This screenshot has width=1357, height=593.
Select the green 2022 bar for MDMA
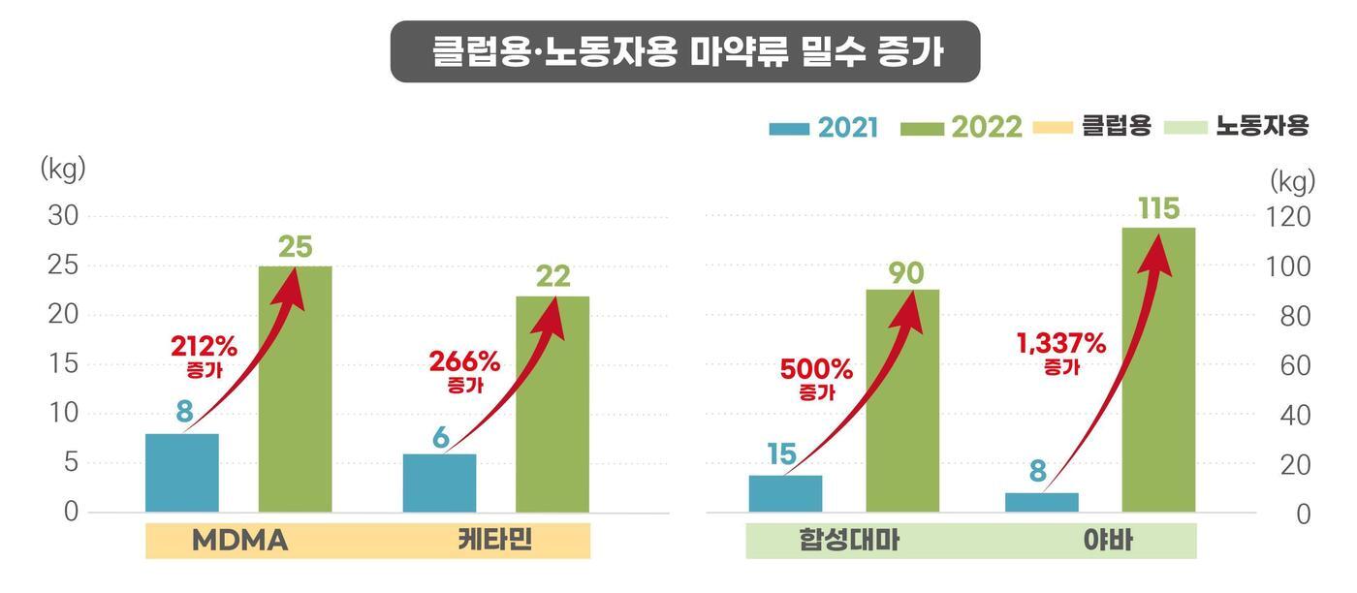pos(295,389)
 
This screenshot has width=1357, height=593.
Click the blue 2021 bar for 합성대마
pos(785,493)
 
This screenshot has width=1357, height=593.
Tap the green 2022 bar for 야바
pos(1158,369)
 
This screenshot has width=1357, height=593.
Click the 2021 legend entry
pos(824,128)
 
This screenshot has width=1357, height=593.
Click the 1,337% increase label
pos(1061,344)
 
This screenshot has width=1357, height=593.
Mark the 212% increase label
pos(204,346)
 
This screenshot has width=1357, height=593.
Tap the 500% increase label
pos(816,370)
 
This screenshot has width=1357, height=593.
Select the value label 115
pos(1159,209)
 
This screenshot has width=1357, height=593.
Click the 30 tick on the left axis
pos(63,216)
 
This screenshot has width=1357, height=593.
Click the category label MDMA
pos(239,541)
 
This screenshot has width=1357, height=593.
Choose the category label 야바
pos(1108,541)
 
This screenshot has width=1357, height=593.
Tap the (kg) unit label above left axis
pos(63,169)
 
